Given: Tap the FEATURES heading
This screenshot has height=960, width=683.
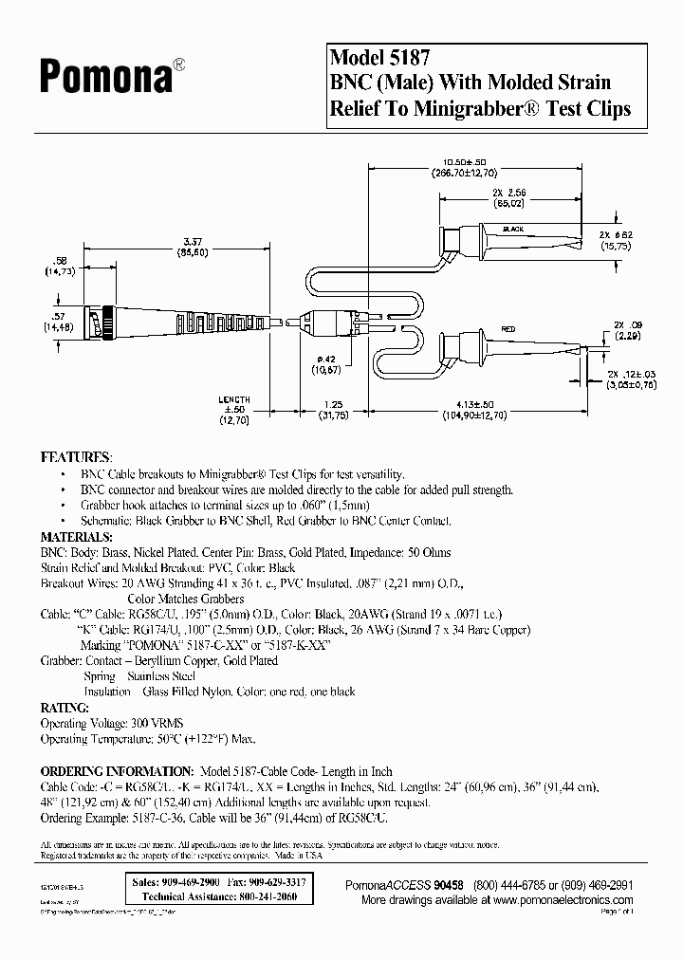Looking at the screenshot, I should coord(77,456).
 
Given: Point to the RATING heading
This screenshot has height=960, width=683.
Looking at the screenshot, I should coord(65,708).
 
